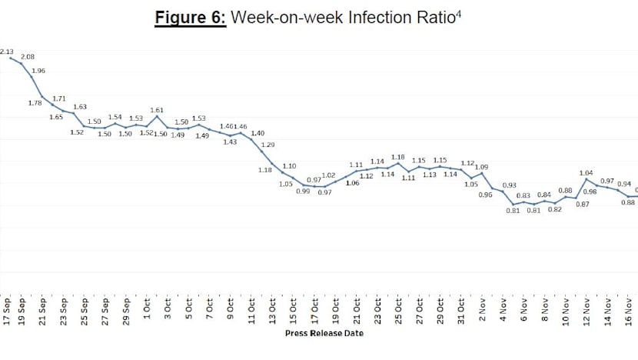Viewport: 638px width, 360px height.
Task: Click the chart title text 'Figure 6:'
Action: point(190,18)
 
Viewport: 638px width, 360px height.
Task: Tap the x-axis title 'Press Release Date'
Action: point(324,333)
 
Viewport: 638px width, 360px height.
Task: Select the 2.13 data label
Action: point(7,52)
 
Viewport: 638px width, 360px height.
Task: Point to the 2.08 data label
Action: point(28,57)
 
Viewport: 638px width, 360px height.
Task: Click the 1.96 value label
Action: point(38,71)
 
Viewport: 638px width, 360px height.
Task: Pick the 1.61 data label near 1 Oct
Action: point(157,110)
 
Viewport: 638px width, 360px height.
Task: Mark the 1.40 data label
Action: point(258,133)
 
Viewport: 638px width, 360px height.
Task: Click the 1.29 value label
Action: point(268,145)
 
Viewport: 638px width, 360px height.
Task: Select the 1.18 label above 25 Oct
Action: point(397,157)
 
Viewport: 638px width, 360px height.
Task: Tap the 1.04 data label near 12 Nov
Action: point(586,173)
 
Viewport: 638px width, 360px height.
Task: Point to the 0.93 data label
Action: point(509,185)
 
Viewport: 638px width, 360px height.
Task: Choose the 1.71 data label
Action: point(59,98)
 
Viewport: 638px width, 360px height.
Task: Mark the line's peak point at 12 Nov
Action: point(586,180)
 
